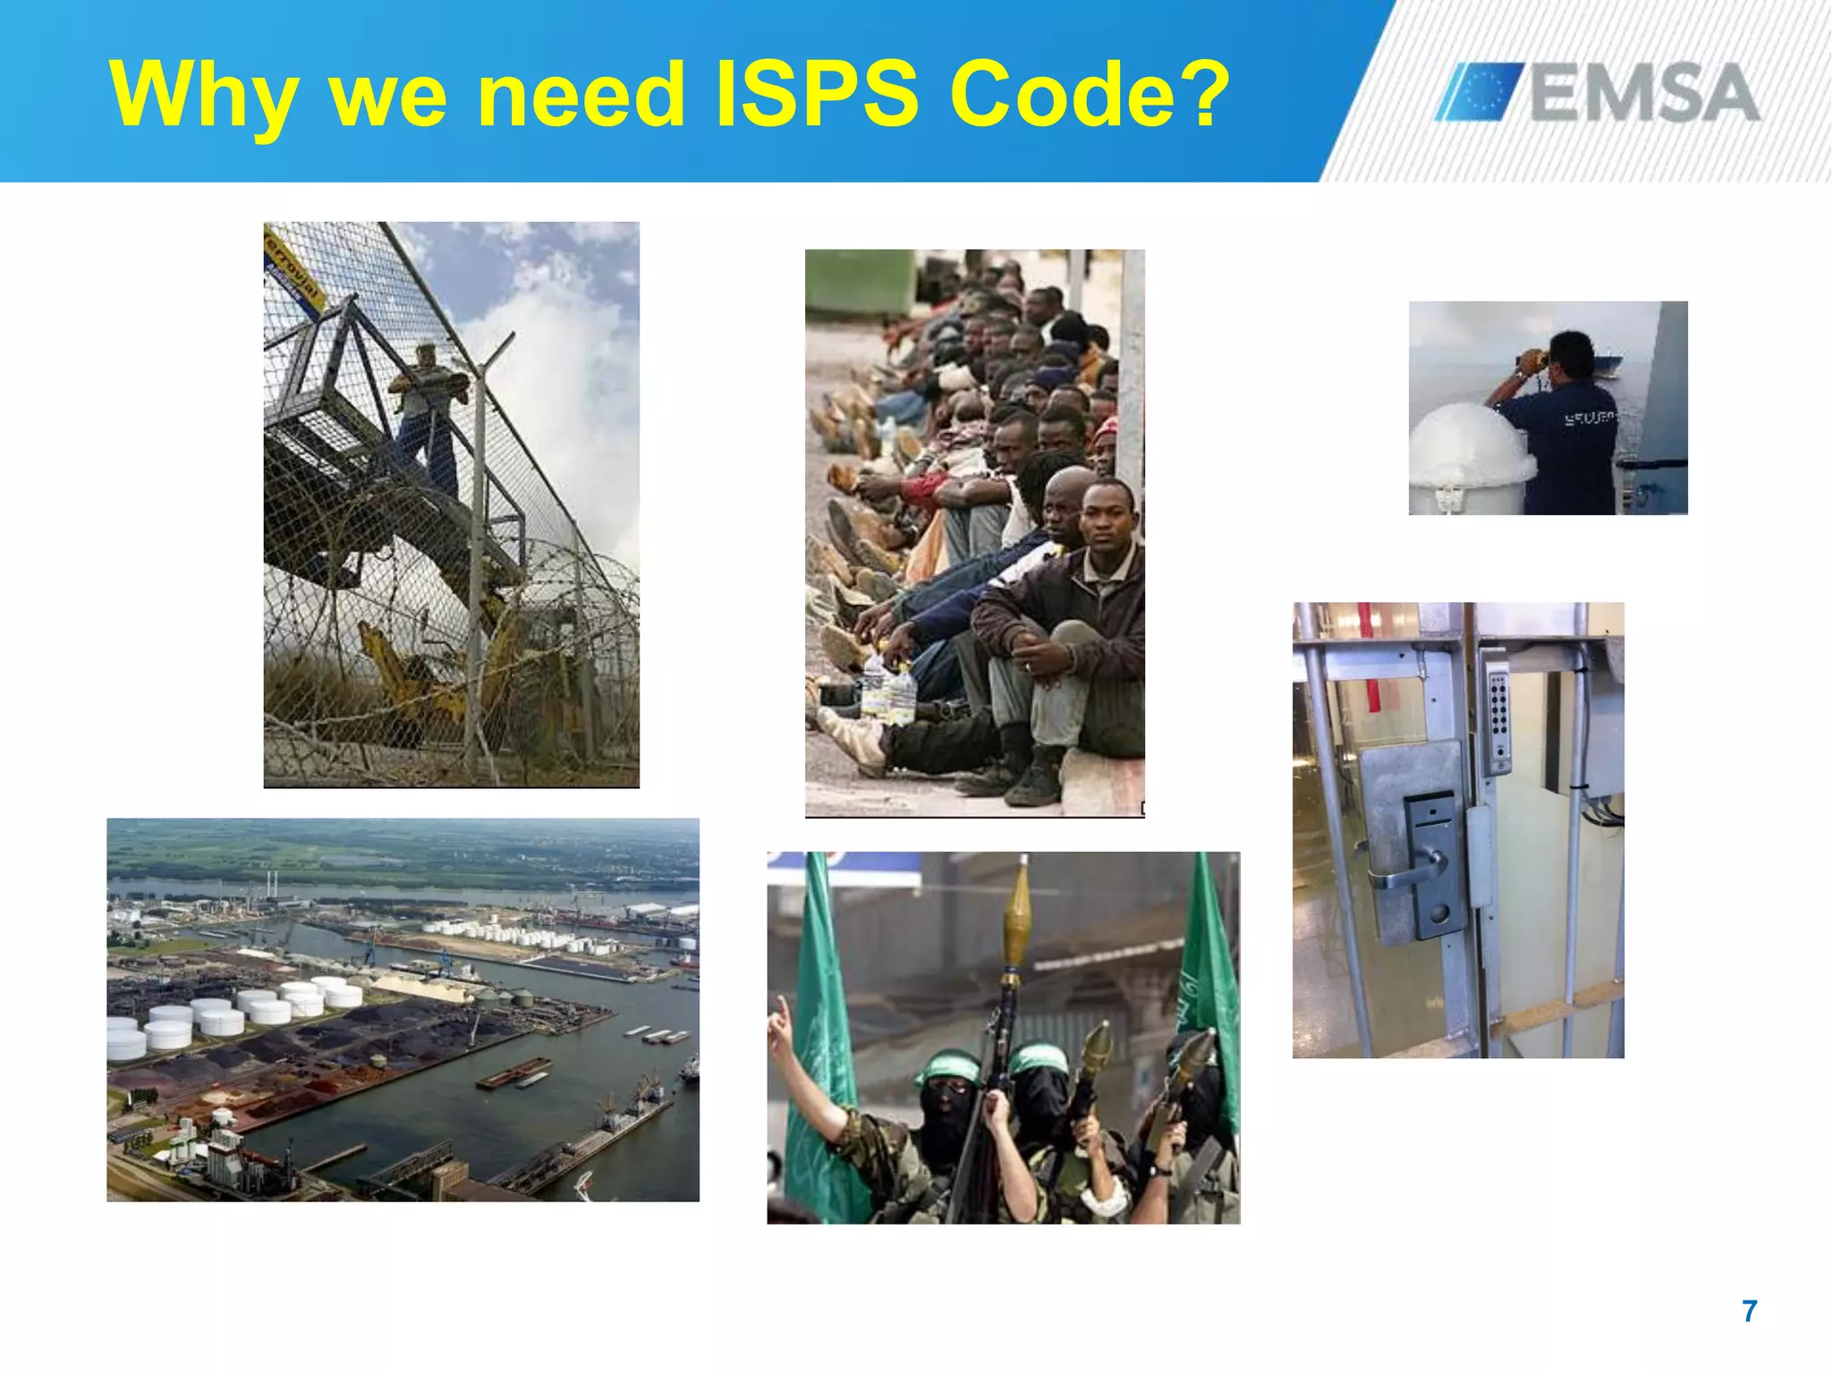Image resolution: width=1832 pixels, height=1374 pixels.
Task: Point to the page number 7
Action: click(x=1750, y=1311)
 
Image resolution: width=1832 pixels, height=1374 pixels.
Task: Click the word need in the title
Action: click(x=581, y=95)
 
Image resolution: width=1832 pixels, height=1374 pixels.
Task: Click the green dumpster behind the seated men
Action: click(x=859, y=281)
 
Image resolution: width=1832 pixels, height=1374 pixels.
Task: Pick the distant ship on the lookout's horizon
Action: click(x=1605, y=363)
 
